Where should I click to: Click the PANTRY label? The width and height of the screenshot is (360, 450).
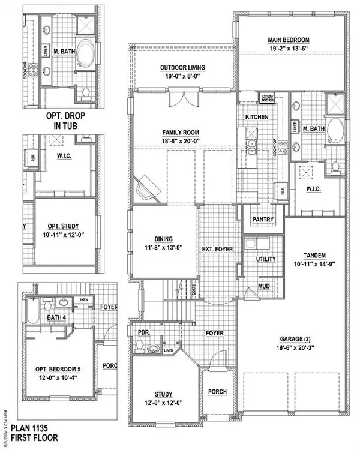[x=263, y=220]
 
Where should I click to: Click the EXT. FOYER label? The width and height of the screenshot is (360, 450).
[x=217, y=248]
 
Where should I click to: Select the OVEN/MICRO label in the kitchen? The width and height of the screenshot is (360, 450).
[x=267, y=98]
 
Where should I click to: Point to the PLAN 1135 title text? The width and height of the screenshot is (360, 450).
[x=35, y=430]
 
